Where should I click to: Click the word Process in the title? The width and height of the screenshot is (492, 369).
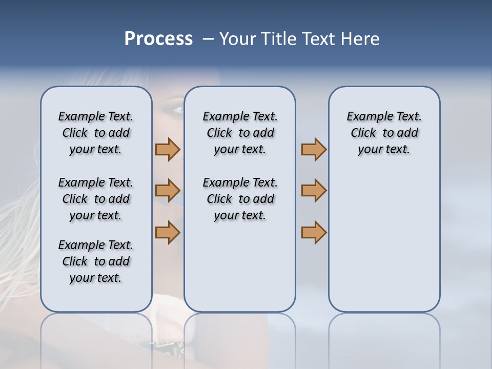[158, 39]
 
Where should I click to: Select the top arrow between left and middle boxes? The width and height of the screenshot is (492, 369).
[168, 149]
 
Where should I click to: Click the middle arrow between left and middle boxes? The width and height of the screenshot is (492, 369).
[168, 191]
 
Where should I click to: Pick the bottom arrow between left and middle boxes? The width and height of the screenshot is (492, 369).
[168, 232]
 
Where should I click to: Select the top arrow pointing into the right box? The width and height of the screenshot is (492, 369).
[314, 149]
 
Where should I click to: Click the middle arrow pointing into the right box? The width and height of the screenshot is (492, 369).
[314, 191]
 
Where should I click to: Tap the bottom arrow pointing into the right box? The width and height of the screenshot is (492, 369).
[314, 232]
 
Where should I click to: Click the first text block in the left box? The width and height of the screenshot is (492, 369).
[96, 133]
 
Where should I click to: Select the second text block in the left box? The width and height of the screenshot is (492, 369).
[96, 199]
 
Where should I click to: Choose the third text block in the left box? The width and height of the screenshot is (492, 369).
[96, 261]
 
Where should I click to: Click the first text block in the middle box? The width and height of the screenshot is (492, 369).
[240, 133]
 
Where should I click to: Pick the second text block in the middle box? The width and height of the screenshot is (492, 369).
[240, 199]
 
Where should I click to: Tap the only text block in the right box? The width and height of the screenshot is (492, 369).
[384, 133]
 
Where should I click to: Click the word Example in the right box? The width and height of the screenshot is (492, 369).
[366, 117]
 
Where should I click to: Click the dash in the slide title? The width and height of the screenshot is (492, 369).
[208, 39]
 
